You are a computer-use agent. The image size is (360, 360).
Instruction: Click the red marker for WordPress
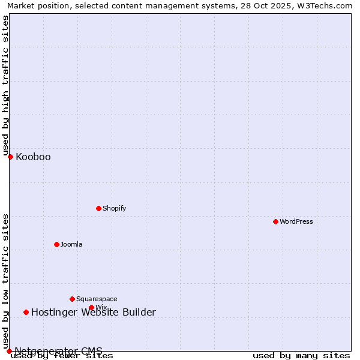(x=275, y=221)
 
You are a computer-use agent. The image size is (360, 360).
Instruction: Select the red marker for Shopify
(x=98, y=208)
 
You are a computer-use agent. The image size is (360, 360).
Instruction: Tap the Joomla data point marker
(x=56, y=244)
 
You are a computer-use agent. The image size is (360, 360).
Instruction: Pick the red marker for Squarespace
(x=72, y=299)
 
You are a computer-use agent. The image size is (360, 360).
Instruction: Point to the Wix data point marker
(x=91, y=307)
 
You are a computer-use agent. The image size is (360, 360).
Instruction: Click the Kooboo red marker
(x=10, y=157)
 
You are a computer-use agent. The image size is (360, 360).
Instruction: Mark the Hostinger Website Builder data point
(x=26, y=312)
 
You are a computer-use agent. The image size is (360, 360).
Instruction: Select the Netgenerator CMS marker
(x=9, y=351)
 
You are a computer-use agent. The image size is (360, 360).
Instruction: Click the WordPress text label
(x=296, y=221)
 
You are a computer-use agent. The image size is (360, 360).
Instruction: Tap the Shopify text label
(x=114, y=208)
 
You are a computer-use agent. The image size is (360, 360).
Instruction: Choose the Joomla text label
(x=71, y=244)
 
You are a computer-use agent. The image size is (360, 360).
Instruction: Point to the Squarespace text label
(x=97, y=299)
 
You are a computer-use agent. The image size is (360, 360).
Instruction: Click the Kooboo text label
(x=33, y=157)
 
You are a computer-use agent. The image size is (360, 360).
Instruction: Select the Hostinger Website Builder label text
(x=93, y=312)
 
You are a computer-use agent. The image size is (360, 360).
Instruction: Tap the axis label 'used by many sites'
(x=301, y=355)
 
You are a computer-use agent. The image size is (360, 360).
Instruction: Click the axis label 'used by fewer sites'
(x=62, y=355)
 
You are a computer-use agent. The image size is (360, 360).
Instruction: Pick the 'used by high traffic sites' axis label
(x=6, y=85)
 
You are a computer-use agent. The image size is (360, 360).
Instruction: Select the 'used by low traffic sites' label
(x=6, y=281)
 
